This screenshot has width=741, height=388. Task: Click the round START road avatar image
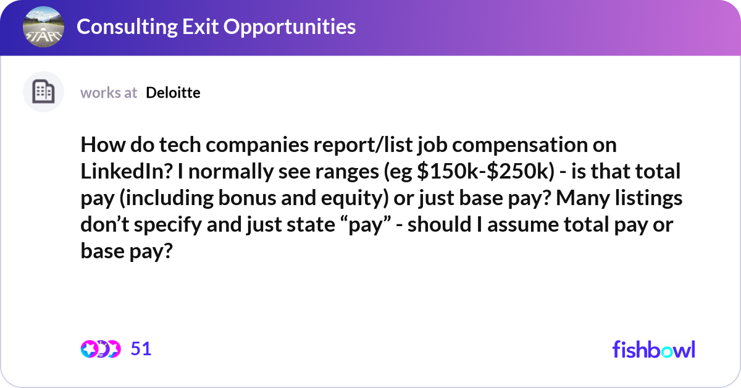(x=43, y=27)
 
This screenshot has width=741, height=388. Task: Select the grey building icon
(x=43, y=92)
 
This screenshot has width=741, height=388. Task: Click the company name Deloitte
(x=173, y=93)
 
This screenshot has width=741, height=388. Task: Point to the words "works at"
(x=109, y=93)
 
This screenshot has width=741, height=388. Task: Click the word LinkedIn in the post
(x=117, y=171)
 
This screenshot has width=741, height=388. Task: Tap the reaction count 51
(x=141, y=349)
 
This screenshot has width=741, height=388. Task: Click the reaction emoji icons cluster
(x=100, y=349)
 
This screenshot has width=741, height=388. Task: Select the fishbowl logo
(x=653, y=349)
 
